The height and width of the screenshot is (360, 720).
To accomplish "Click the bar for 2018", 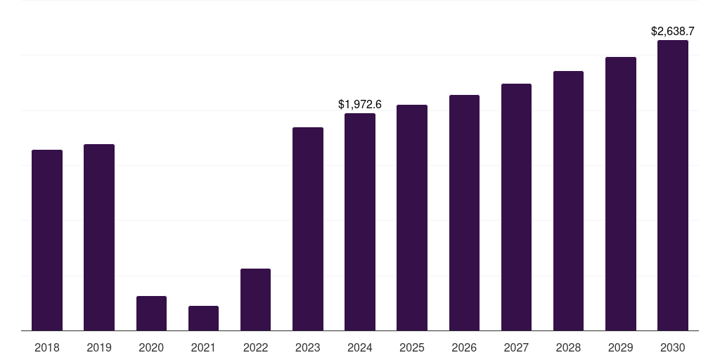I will click(47, 240).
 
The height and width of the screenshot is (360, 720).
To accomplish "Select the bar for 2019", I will click(99, 237).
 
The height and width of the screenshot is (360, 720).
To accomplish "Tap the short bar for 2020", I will click(151, 313).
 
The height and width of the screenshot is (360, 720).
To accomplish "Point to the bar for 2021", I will click(203, 318).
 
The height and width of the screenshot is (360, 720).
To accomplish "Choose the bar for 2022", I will click(255, 299).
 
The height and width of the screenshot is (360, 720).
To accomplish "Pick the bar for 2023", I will click(308, 229).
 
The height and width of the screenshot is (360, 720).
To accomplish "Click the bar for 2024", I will click(360, 221).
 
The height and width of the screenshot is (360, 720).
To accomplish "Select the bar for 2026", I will click(464, 212).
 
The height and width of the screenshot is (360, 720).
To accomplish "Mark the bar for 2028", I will click(568, 200).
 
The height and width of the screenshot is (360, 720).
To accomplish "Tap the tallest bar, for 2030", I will click(673, 185).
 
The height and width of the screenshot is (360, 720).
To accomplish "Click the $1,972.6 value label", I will click(360, 105).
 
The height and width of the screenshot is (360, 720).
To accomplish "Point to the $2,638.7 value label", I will click(673, 32).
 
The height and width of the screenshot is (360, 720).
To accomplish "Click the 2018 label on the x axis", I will click(47, 347).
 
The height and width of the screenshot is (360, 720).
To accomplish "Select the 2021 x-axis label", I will click(203, 347).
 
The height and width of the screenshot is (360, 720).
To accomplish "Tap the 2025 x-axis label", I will click(412, 347).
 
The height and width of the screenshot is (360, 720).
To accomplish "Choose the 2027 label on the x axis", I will click(516, 347).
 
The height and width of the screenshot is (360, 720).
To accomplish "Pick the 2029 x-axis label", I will click(621, 347).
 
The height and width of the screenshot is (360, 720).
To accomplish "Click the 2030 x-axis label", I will click(673, 347).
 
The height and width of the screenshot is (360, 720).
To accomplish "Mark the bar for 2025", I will click(412, 217).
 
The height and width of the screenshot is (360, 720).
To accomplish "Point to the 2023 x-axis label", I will click(308, 347).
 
